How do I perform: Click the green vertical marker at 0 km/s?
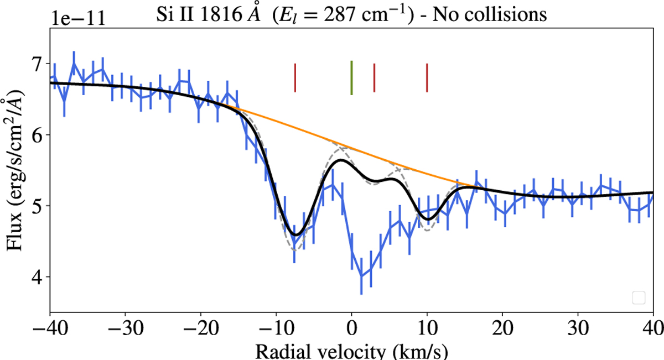[351, 78]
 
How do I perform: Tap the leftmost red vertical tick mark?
[295, 78]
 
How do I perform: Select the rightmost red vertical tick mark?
[427, 78]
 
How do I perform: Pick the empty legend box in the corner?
[638, 298]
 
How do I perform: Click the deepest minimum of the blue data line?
[361, 276]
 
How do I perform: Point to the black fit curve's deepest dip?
[296, 235]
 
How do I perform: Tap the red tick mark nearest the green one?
[375, 78]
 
